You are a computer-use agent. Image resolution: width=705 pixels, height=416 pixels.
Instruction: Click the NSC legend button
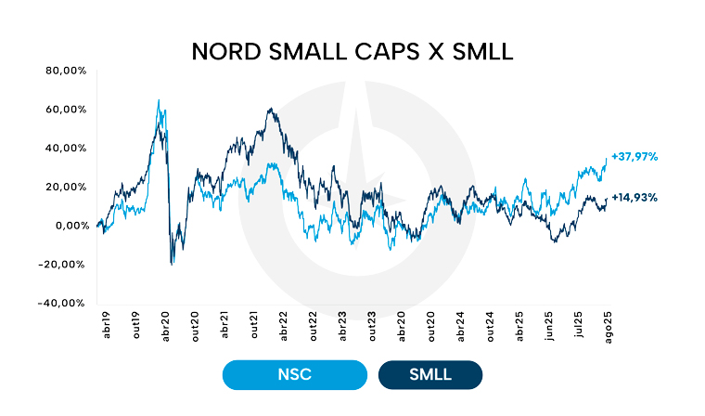click(x=294, y=374)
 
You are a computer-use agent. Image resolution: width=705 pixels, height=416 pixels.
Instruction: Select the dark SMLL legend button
click(x=430, y=374)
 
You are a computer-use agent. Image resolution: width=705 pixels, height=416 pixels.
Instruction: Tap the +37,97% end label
click(x=634, y=157)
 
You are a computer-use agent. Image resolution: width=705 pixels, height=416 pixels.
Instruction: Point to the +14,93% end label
click(x=634, y=197)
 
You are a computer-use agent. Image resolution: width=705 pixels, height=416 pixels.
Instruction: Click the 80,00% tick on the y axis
click(x=66, y=71)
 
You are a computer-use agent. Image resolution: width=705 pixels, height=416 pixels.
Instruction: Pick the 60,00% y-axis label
click(x=66, y=110)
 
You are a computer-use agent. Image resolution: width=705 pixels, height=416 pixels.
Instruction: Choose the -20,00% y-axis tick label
click(x=65, y=264)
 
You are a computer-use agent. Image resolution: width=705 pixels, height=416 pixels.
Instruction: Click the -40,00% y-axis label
click(x=65, y=303)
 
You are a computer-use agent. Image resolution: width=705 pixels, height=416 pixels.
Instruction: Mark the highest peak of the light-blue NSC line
click(x=159, y=100)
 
